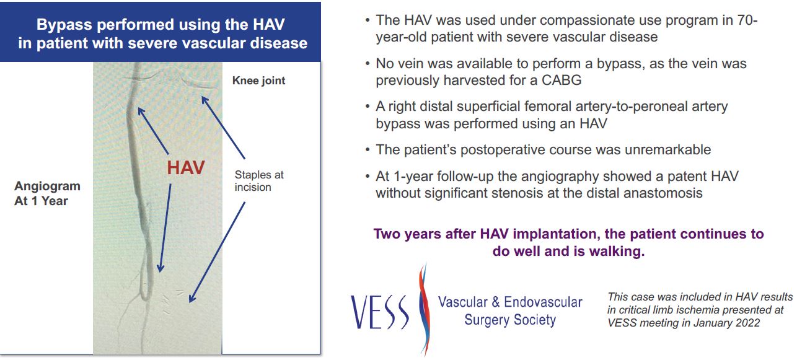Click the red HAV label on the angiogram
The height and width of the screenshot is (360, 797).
[186, 167]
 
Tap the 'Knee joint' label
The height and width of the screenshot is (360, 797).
[258, 81]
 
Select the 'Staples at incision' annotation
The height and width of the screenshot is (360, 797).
[259, 181]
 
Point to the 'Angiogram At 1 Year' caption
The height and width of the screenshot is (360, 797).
[47, 193]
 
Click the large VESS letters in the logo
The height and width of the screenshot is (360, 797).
[379, 312]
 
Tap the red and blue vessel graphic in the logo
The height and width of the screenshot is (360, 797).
[423, 309]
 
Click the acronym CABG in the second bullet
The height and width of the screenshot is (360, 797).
[561, 80]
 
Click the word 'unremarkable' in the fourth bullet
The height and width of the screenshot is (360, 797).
[667, 149]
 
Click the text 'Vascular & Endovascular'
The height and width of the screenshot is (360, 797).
[510, 302]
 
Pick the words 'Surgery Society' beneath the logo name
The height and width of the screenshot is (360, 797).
[510, 320]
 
